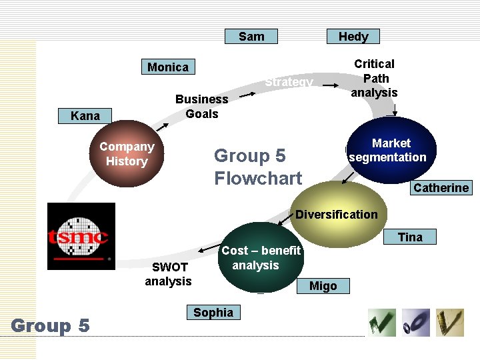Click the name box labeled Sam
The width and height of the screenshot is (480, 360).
coord(251,37)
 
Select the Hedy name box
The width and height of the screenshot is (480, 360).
coord(353,37)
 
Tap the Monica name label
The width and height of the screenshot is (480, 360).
coord(168,67)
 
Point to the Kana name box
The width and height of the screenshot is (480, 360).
coord(85,116)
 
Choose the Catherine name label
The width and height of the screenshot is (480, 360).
coord(441,188)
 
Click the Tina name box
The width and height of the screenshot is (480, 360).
coord(410,237)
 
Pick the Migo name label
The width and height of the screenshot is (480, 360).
coord(323,286)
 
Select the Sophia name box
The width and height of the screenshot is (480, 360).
coord(213,313)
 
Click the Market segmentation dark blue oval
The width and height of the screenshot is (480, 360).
coord(391,150)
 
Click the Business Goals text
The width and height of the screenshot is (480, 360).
coord(201,106)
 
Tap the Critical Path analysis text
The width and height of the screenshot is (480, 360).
coord(374,78)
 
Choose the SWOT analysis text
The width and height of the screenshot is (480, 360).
coord(168,274)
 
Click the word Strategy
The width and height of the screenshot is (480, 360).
coord(289,83)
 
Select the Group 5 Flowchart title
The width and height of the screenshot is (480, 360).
coord(258,167)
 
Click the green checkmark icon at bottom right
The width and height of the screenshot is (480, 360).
coord(382,323)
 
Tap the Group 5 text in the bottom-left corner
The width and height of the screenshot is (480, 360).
coord(50,326)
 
